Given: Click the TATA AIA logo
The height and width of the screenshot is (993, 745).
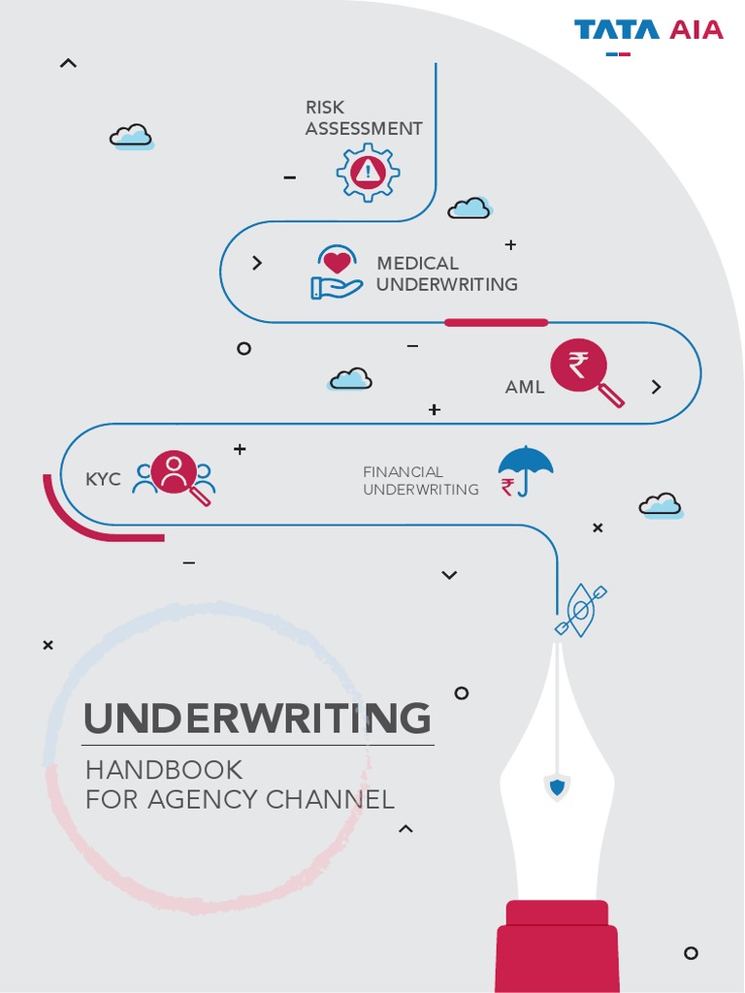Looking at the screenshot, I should click(x=648, y=30).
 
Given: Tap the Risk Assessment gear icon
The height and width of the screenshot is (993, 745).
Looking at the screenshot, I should click(x=368, y=174).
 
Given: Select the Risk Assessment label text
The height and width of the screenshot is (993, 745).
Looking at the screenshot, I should click(x=363, y=117).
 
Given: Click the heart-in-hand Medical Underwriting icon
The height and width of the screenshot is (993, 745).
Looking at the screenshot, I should click(x=336, y=272).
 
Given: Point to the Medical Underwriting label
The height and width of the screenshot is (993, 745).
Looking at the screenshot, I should click(x=446, y=273).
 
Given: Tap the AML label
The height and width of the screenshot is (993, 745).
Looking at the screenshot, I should click(x=525, y=387).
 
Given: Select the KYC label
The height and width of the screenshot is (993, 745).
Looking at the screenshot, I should click(x=103, y=479).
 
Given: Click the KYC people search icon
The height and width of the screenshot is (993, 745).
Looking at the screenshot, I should click(x=176, y=476).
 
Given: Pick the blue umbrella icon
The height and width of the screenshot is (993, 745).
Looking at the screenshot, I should click(x=525, y=468).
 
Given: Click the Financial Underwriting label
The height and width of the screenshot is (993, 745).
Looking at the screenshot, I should click(x=420, y=481).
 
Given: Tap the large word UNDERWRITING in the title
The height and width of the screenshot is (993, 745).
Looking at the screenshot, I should click(x=257, y=719).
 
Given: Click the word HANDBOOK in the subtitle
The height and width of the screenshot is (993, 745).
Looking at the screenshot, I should click(x=164, y=770).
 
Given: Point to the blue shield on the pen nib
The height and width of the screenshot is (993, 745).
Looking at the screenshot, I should click(x=557, y=787).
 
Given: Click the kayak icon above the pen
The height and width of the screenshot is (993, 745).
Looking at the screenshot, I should click(x=581, y=610).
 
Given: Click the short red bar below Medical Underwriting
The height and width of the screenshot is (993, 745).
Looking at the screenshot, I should click(x=496, y=322).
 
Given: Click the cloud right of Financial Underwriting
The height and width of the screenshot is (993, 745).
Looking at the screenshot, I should click(x=661, y=505).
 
